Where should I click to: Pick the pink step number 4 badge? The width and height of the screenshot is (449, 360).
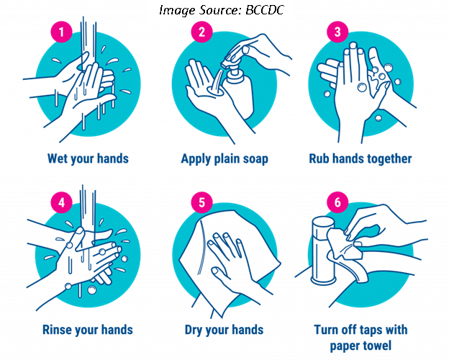(x=62, y=202)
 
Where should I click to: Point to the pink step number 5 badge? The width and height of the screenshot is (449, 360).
(x=201, y=202)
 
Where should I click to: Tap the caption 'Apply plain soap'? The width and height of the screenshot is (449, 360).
(x=224, y=158)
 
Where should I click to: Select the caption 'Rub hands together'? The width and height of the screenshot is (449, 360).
(x=360, y=158)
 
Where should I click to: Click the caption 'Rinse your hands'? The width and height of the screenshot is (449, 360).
(x=88, y=330)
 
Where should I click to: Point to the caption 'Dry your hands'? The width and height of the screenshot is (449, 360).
(x=224, y=330)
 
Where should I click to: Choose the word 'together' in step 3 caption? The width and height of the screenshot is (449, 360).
(x=386, y=158)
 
